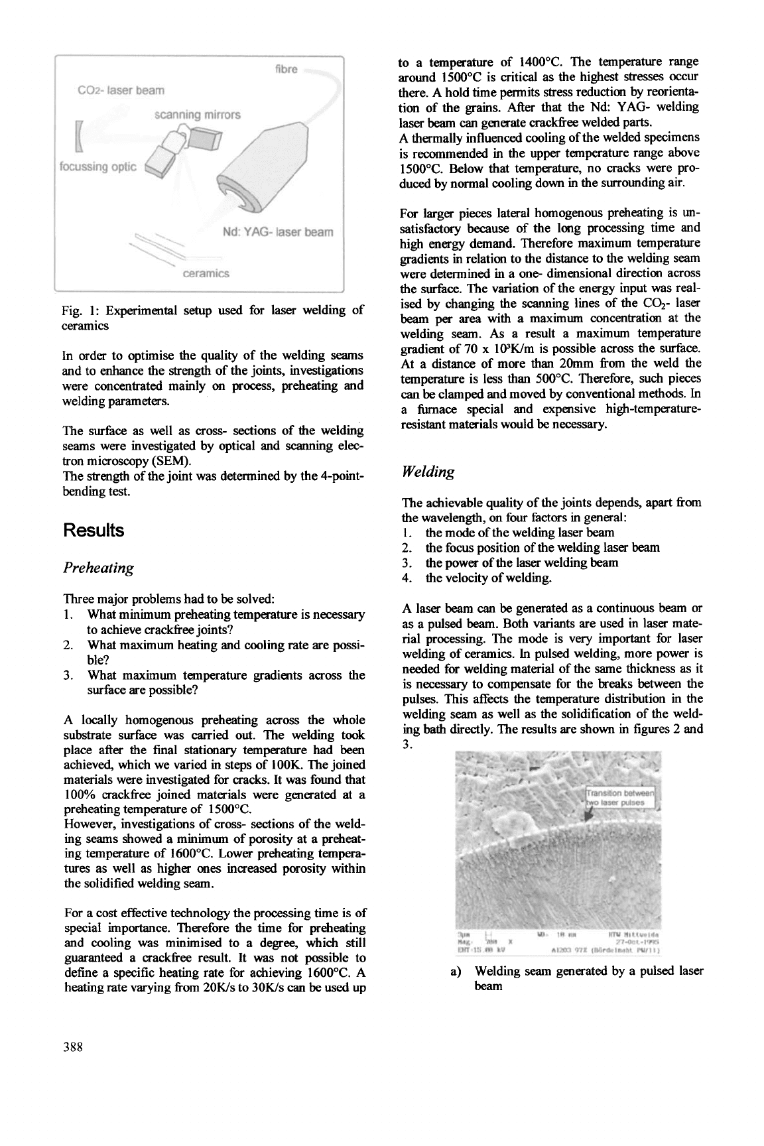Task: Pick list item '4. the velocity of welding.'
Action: coord(488,578)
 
